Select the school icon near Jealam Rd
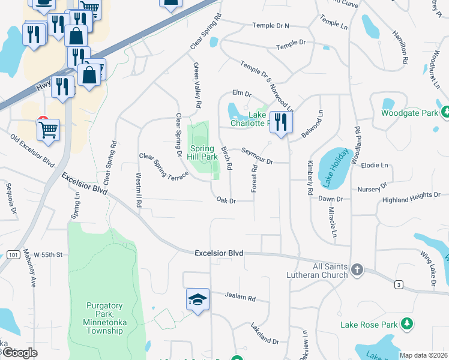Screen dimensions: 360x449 [x=197, y=299]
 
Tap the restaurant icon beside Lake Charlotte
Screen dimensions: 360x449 [x=281, y=122]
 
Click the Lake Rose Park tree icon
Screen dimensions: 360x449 [x=408, y=324]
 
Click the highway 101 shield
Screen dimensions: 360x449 [x=13, y=255]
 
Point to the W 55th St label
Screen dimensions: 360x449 [x=48, y=255]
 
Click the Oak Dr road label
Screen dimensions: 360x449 [x=226, y=200]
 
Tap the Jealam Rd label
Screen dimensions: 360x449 [x=240, y=297]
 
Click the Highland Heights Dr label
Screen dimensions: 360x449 [x=412, y=196]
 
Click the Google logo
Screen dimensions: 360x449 [x=20, y=353]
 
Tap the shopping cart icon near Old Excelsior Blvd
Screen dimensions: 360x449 [x=48, y=128]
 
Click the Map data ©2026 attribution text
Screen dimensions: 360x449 [x=423, y=355]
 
